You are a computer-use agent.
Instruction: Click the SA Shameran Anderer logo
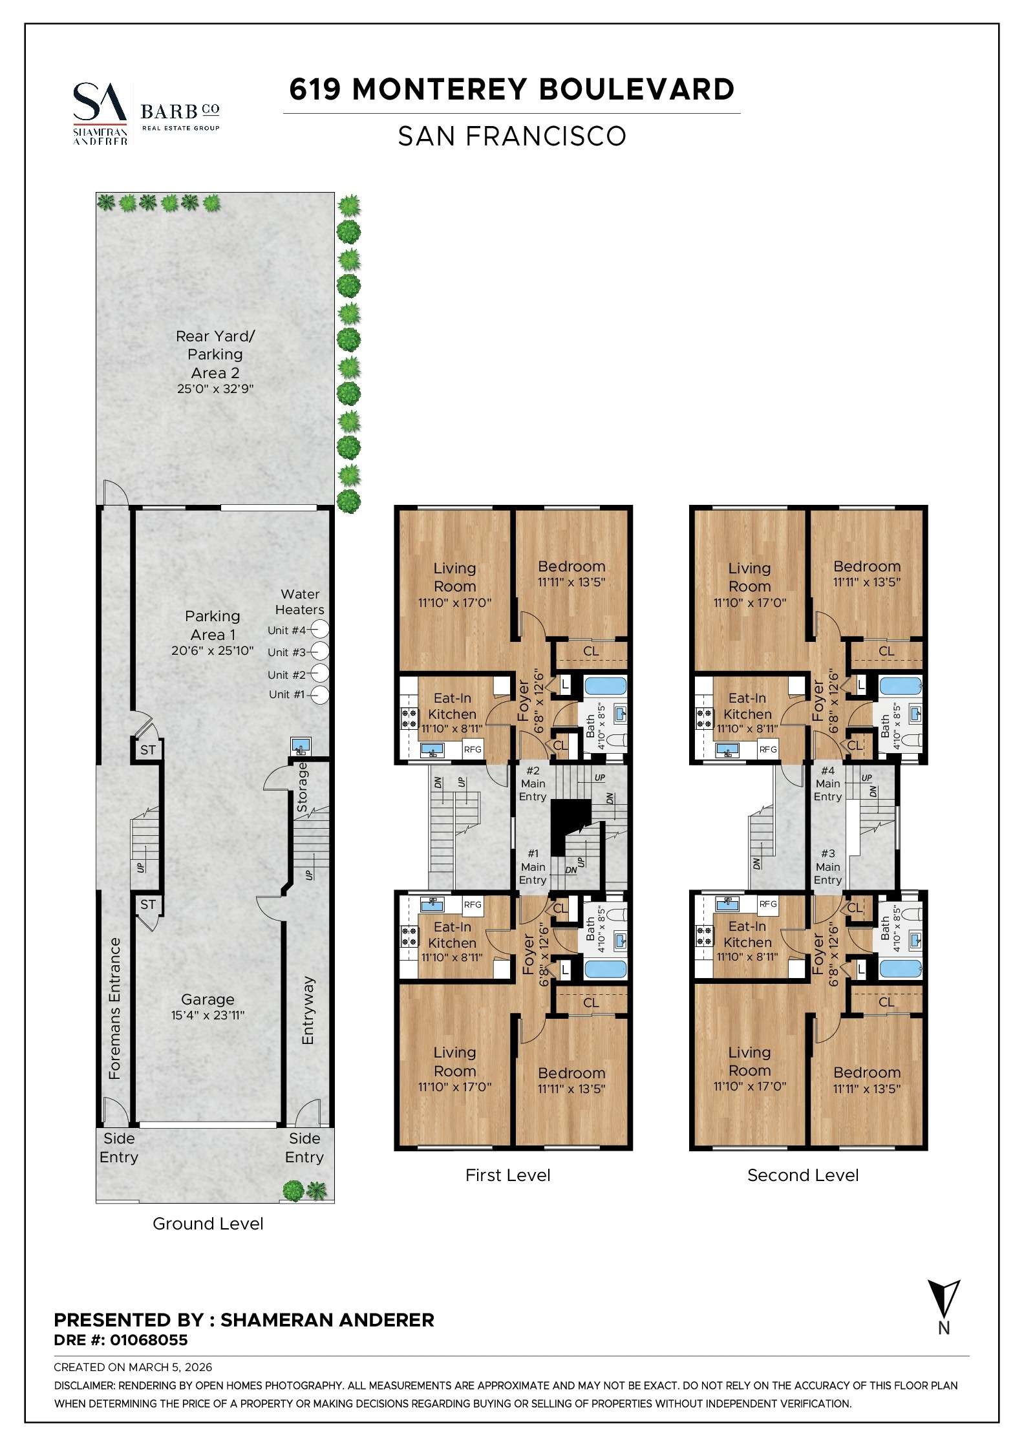click(x=100, y=114)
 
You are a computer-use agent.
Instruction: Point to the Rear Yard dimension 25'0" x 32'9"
click(x=215, y=389)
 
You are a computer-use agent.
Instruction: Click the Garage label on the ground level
click(x=208, y=999)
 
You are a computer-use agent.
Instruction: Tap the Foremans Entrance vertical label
click(x=114, y=1008)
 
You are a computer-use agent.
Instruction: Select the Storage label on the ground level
click(x=302, y=787)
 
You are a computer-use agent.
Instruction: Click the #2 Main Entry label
click(x=533, y=783)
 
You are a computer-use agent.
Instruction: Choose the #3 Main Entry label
click(x=827, y=867)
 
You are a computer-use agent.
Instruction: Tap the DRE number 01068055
click(x=149, y=1340)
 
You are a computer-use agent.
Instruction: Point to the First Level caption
click(x=507, y=1175)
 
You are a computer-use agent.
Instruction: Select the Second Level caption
click(x=802, y=1175)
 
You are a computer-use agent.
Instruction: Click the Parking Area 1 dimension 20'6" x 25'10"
click(x=212, y=651)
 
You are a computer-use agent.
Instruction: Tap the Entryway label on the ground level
click(x=308, y=1011)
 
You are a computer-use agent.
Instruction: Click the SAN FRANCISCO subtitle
click(x=511, y=136)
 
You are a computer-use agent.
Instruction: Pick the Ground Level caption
click(x=208, y=1224)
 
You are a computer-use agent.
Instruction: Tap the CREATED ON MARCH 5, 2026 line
click(x=133, y=1367)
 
